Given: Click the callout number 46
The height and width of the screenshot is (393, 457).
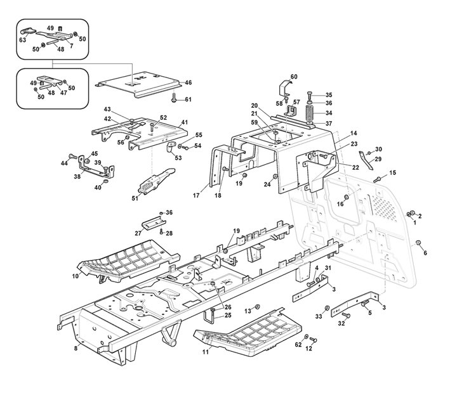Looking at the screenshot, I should point(189,82).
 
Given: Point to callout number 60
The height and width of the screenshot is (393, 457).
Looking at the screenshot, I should point(294,77).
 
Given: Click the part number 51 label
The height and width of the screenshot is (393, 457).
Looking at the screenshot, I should point(135,198).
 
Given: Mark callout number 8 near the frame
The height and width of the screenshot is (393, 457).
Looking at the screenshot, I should point(76,347).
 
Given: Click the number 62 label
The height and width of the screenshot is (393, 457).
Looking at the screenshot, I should point(298,345).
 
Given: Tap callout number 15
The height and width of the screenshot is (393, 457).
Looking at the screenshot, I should point(392,172).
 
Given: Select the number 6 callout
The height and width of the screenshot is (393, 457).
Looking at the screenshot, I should point(425,253).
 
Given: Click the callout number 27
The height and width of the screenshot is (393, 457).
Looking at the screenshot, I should point(138,233).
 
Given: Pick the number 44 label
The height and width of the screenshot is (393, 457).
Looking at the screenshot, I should point(64,164).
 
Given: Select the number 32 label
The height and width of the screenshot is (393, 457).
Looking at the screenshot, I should point(340,323).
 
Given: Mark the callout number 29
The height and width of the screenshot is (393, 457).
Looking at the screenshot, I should point(378,159).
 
